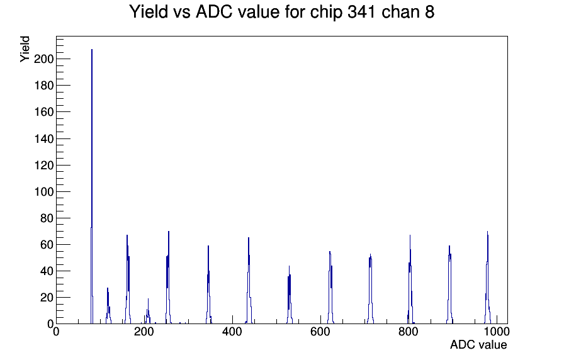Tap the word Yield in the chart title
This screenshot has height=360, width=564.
coord(149,12)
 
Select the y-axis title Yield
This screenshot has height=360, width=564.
coord(25,49)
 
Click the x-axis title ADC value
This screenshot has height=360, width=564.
coord(478,344)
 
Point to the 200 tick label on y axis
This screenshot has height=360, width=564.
coord(43,59)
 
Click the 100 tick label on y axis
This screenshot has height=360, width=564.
coord(43,192)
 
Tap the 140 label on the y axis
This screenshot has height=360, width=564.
coord(43,138)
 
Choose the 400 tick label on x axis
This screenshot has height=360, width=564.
coord(232,331)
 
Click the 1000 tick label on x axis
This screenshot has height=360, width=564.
coord(496,331)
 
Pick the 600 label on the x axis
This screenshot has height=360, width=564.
coord(320,331)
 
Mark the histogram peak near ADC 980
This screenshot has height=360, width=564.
coord(487,278)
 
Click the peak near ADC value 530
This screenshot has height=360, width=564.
coord(289,295)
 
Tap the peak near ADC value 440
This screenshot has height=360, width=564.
coord(249,281)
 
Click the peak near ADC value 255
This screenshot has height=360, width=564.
coord(168,278)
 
